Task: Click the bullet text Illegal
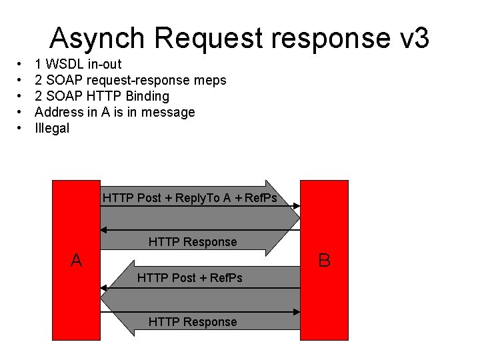click(x=52, y=128)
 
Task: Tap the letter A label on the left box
click(x=77, y=260)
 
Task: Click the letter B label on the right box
click(x=325, y=260)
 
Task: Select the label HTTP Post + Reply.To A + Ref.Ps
click(x=190, y=198)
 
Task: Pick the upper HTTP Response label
click(x=193, y=241)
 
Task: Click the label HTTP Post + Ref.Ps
click(x=190, y=277)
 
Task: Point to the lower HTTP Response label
click(x=193, y=322)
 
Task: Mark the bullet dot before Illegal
click(x=20, y=128)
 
